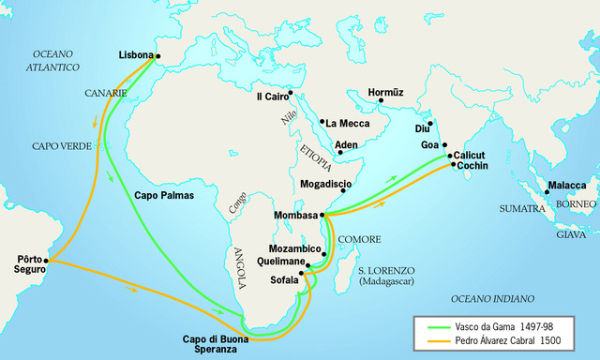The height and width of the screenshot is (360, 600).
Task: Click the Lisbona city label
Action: [135, 55]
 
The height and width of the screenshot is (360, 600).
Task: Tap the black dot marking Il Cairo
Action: [291, 93]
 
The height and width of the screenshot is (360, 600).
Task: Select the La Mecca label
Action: [347, 123]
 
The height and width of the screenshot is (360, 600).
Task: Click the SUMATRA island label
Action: [522, 208]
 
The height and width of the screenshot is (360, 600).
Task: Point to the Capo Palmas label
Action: [164, 196]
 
